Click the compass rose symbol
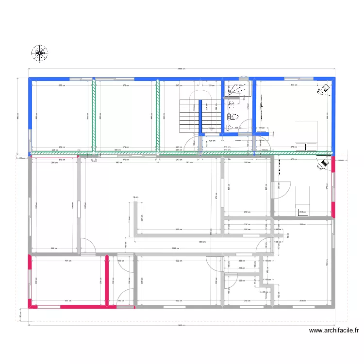click(40, 53)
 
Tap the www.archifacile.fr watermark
click(334, 331)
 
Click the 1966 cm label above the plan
click(181, 69)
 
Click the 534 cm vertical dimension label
click(327, 264)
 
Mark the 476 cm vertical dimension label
click(216, 196)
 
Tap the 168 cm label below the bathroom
click(237, 141)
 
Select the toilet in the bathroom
click(233, 116)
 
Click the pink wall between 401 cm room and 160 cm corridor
click(107, 281)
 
